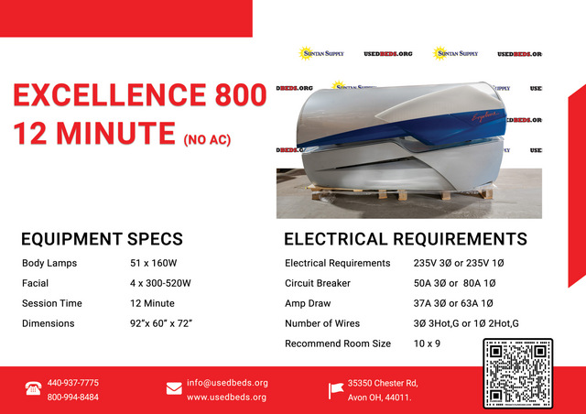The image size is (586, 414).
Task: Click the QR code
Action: pyautogui.click(x=518, y=373)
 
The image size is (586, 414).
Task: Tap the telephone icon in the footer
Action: pyautogui.click(x=33, y=388)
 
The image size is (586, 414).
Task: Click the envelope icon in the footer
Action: pyautogui.click(x=174, y=388)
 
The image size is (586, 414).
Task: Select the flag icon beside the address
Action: pyautogui.click(x=336, y=390)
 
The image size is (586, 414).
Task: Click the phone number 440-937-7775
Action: pyautogui.click(x=73, y=383)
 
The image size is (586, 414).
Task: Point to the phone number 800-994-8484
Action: pyautogui.click(x=73, y=397)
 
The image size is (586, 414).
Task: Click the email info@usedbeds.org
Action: pyautogui.click(x=227, y=383)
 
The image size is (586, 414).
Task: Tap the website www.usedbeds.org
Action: pyautogui.click(x=226, y=397)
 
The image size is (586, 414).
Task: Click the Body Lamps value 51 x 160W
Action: pyautogui.click(x=154, y=263)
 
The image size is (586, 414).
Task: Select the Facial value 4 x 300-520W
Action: pyautogui.click(x=160, y=283)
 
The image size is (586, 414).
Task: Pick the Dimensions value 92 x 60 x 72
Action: pyautogui.click(x=161, y=323)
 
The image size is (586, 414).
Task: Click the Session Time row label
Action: pyautogui.click(x=52, y=303)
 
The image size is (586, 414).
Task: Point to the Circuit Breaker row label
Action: pyautogui.click(x=318, y=283)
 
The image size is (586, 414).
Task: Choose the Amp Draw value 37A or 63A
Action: pyautogui.click(x=453, y=303)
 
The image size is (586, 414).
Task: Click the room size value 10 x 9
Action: pyautogui.click(x=427, y=343)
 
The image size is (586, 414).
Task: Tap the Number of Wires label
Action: pyautogui.click(x=322, y=323)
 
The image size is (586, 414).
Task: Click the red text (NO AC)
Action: pyautogui.click(x=207, y=140)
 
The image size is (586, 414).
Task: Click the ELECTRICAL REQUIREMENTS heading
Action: pyautogui.click(x=406, y=239)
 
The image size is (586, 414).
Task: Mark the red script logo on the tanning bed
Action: pyautogui.click(x=484, y=116)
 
